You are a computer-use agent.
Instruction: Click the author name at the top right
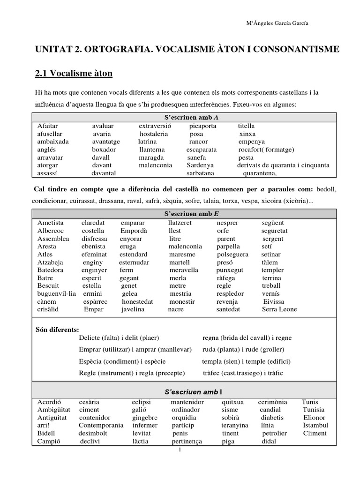click(x=277, y=23)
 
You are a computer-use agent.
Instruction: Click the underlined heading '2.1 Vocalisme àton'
click(x=74, y=73)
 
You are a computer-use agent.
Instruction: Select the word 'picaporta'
click(x=202, y=126)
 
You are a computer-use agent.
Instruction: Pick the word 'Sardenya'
click(x=200, y=165)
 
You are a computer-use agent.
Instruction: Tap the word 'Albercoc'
click(x=51, y=231)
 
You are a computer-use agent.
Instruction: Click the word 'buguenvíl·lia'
click(x=57, y=293)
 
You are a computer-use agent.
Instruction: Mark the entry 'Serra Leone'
click(x=279, y=309)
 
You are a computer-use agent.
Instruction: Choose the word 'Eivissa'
click(x=274, y=301)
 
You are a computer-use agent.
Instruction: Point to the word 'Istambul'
click(x=315, y=425)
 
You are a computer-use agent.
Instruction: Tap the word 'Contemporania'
click(x=101, y=425)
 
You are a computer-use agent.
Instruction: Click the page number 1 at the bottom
click(x=180, y=450)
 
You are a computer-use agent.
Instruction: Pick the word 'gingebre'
click(x=145, y=417)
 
